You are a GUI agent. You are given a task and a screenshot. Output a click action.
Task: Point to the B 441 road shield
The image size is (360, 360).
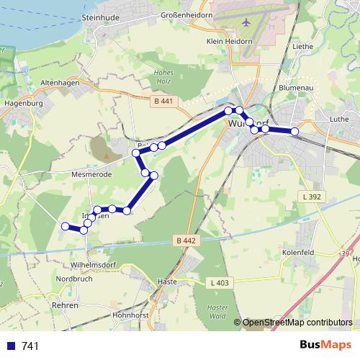(x=163, y=102)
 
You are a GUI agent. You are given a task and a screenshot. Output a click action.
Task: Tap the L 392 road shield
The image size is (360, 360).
(x=311, y=196)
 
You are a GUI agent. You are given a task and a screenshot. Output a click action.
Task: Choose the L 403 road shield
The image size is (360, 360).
(x=220, y=283)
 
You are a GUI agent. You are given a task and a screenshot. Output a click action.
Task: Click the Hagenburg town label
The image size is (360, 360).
(x=24, y=103)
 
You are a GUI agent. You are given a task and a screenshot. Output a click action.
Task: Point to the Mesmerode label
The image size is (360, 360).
(x=89, y=174)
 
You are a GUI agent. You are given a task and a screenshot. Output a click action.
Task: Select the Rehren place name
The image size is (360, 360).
(x=65, y=305)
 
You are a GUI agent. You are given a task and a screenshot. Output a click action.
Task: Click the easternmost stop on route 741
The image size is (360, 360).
(x=294, y=131)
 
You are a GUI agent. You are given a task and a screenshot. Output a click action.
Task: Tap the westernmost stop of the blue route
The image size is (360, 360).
(x=65, y=226)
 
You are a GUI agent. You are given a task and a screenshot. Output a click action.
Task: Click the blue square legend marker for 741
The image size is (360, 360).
(x=11, y=346)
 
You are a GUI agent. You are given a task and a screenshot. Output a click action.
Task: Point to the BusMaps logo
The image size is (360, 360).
(x=325, y=346)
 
